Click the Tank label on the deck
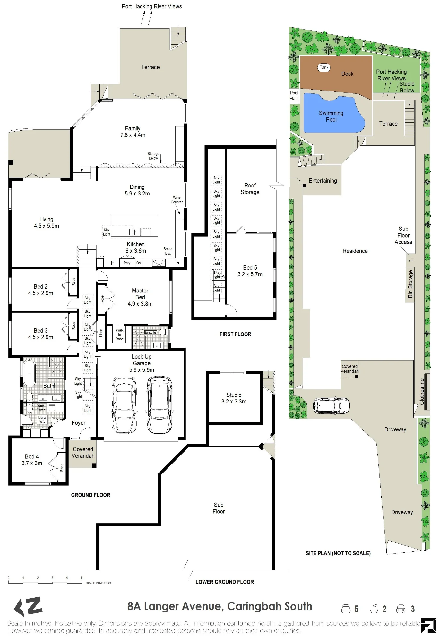(324, 67)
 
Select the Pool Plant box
(294, 96)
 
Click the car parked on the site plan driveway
(331, 405)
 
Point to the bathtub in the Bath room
(29, 373)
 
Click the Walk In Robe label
(120, 334)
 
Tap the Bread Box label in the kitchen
(168, 251)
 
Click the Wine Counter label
(177, 200)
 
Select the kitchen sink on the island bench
(135, 231)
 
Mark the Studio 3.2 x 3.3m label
(234, 398)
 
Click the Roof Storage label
(250, 189)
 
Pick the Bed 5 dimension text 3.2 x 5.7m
(250, 274)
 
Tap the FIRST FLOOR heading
(235, 334)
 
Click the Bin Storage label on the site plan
(410, 284)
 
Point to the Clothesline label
(422, 391)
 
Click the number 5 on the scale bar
(82, 578)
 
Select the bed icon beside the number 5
(346, 609)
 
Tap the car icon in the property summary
(401, 609)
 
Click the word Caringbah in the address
(246, 606)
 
